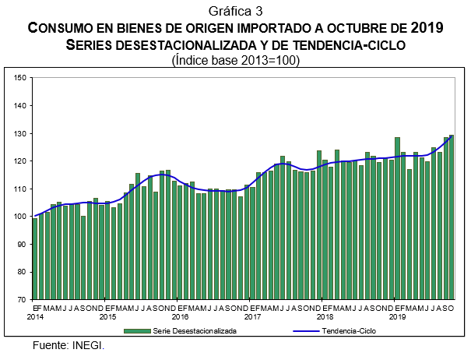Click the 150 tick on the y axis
tap(21, 77)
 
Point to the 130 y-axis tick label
tap(21, 133)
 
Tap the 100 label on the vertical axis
tap(21, 217)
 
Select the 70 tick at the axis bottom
tap(23, 299)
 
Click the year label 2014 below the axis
tap(36, 317)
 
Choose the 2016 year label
tap(180, 317)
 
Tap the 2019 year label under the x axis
tap(397, 317)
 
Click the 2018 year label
tap(325, 317)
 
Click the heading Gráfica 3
tap(235, 10)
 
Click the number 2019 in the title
tap(427, 28)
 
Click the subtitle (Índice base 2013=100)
tap(235, 60)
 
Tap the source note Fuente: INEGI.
tap(69, 345)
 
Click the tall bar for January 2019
tap(397, 218)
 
